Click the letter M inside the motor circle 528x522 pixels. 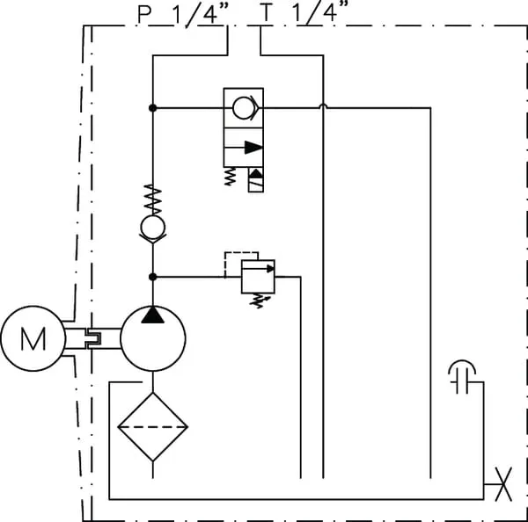(33, 339)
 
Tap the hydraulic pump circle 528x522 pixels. (153, 338)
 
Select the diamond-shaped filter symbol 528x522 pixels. (153, 426)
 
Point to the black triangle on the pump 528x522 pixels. (153, 315)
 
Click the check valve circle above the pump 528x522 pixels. (153, 228)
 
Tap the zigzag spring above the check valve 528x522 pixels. (153, 198)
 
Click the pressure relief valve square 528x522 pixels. (258, 277)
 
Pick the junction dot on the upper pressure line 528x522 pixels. (153, 108)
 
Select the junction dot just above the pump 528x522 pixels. (153, 276)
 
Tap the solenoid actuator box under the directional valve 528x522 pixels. (256, 179)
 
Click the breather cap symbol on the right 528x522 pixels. (460, 375)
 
